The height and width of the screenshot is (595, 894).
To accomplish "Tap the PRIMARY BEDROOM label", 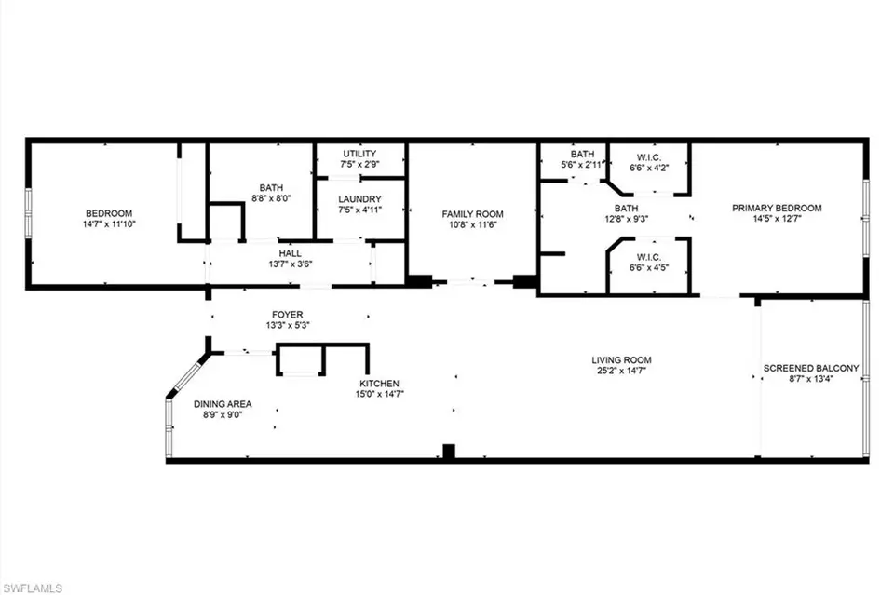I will point(777,208).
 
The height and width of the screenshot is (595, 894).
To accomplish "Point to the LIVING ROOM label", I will point(621,360).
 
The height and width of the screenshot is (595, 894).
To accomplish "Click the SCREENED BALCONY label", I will point(811,368).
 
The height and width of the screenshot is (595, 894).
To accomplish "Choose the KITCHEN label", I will point(380,384).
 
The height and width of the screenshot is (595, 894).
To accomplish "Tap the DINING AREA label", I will point(223,404).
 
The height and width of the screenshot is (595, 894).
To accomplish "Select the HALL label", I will point(290,252).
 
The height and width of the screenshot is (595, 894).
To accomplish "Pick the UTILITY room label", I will point(359,153).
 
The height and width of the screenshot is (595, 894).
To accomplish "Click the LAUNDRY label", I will point(359,198).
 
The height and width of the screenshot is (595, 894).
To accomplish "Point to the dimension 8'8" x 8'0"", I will point(271,197).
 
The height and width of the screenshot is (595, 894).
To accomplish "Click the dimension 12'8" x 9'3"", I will point(626,220).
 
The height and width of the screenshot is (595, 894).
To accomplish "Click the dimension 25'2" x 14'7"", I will point(621,372).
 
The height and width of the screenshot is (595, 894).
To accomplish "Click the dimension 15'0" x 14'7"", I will point(380,394).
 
